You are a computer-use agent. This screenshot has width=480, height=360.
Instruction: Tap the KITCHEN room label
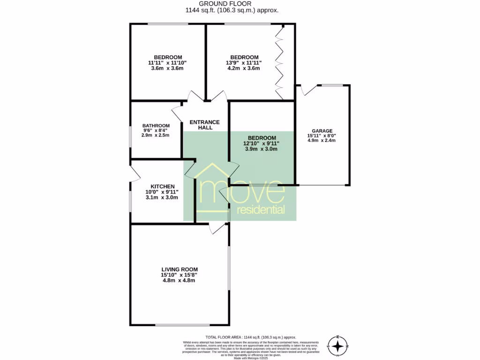coord(162,186)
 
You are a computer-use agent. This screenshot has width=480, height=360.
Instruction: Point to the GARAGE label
coord(322,131)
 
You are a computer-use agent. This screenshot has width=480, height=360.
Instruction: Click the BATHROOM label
coord(156,126)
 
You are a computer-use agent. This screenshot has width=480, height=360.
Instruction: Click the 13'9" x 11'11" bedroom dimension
coord(244,63)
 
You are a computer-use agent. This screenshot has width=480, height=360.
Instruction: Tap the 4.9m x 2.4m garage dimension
coord(322,140)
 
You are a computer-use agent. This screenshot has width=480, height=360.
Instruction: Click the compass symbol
coord(337,346)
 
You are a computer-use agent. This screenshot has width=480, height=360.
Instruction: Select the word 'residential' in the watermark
coord(261,209)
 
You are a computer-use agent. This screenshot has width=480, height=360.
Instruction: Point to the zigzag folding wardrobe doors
coord(280,61)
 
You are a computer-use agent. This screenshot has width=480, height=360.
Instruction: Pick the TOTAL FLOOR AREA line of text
coord(251,337)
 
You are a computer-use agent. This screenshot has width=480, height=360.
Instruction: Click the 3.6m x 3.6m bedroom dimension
coord(167,68)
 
